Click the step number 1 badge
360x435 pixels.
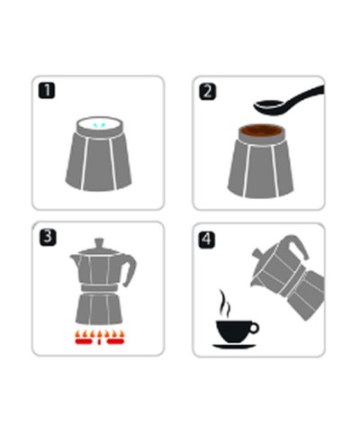[45, 91]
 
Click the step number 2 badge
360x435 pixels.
[207, 91]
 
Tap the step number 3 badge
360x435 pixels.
[45, 237]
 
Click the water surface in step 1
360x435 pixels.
[98, 126]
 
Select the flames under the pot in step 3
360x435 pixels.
[99, 340]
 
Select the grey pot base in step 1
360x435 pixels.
[98, 162]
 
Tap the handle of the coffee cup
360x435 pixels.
[255, 326]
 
